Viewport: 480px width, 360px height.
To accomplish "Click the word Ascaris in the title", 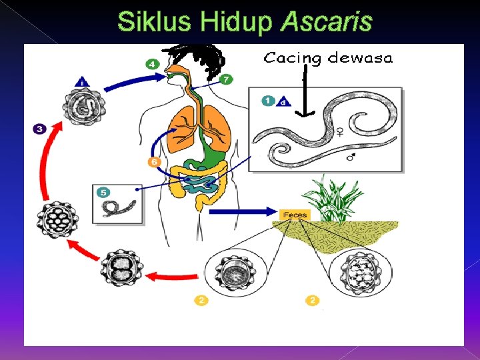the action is click(326, 22).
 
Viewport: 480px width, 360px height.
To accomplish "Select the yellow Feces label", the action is click(294, 215).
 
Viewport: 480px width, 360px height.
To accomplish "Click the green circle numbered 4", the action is click(152, 64).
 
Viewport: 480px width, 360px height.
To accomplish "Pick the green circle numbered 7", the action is click(227, 79).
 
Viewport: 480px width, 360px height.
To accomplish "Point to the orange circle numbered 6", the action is click(153, 162).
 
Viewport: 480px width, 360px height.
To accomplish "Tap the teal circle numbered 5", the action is click(103, 192).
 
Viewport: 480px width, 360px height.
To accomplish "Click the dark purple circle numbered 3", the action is click(39, 129).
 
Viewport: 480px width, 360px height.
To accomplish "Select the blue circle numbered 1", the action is click(267, 101).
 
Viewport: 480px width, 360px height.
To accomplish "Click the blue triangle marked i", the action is click(81, 82).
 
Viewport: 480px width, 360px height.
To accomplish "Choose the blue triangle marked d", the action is click(283, 101).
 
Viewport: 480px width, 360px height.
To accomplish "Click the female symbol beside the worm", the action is click(340, 132).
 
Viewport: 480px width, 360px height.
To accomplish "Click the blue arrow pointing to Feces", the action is click(243, 213).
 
